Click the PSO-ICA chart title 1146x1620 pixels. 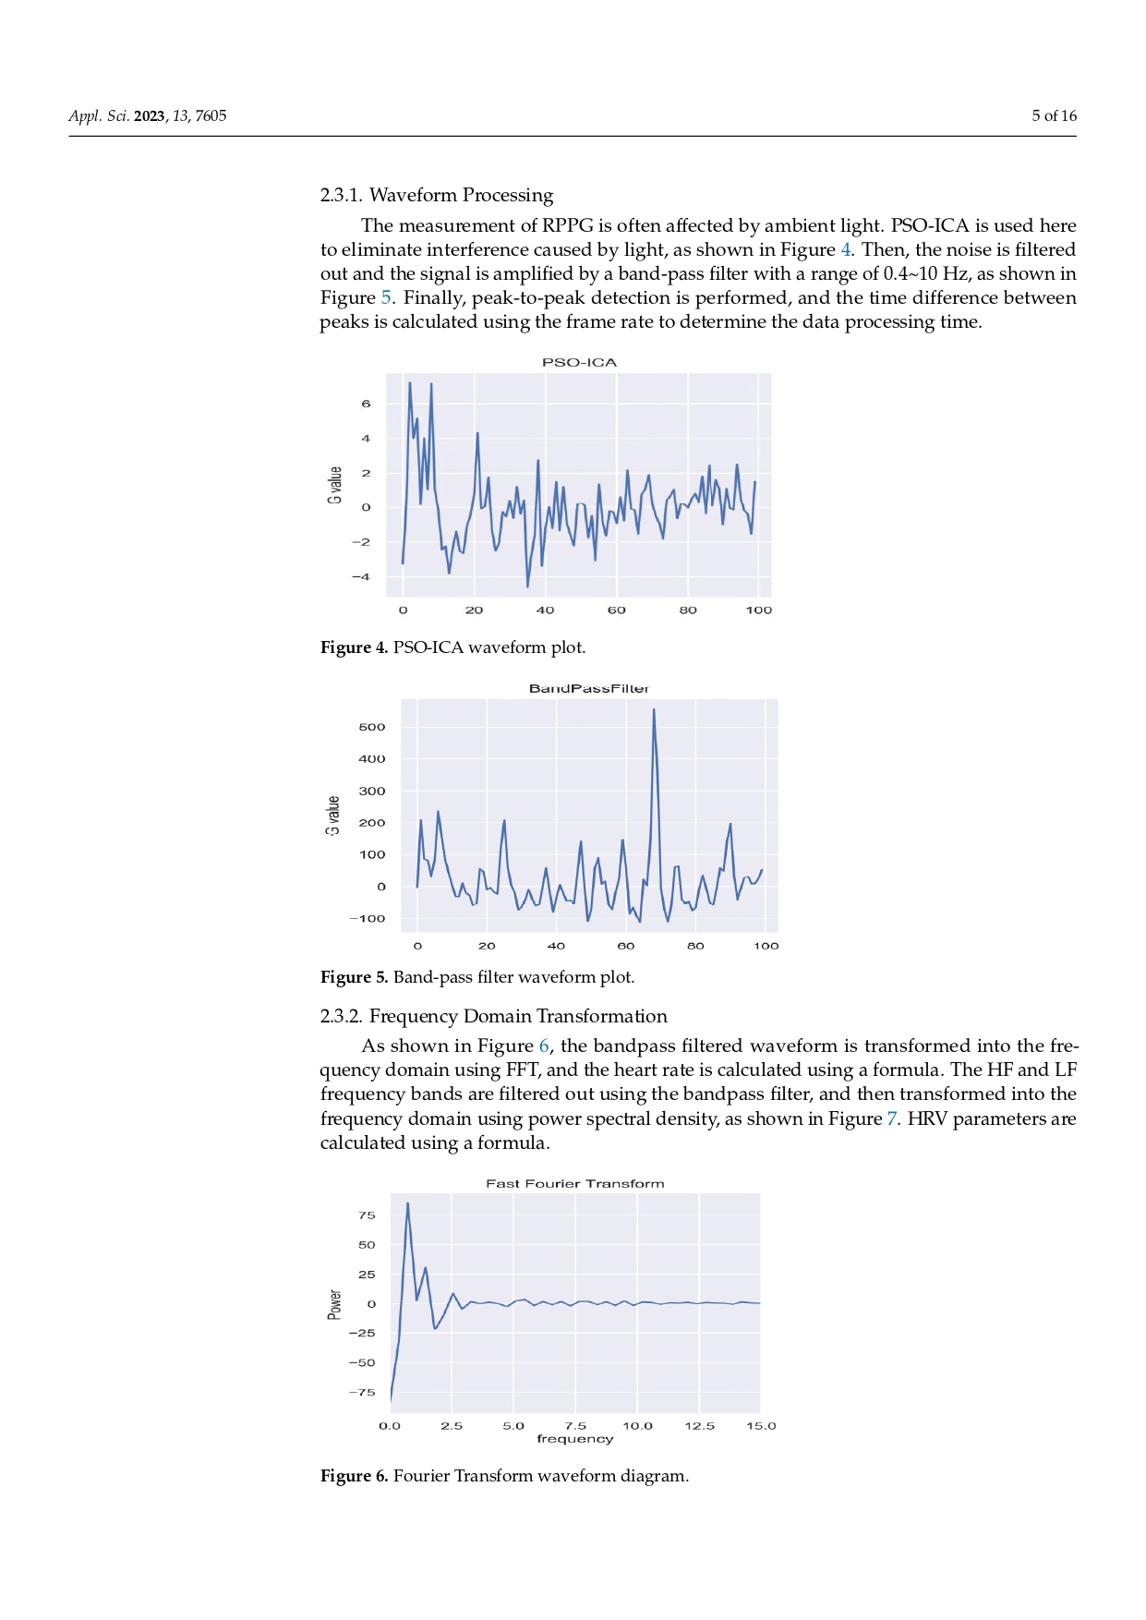pyautogui.click(x=579, y=362)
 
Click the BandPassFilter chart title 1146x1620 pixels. pyautogui.click(x=588, y=688)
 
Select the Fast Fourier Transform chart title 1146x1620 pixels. pyautogui.click(x=574, y=1183)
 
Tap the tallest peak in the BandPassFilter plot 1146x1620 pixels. pyautogui.click(x=654, y=710)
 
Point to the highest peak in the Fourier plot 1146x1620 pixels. pyautogui.click(x=407, y=1203)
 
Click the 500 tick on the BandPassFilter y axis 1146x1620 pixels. pyautogui.click(x=371, y=727)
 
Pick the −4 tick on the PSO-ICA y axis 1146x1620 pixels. pyautogui.click(x=361, y=576)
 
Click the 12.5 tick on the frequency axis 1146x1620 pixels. pyautogui.click(x=699, y=1426)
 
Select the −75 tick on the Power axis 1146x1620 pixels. pyautogui.click(x=362, y=1392)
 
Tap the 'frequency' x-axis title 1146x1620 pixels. pyautogui.click(x=574, y=1439)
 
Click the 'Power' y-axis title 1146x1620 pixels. pyautogui.click(x=334, y=1304)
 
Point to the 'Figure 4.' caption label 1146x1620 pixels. pyautogui.click(x=354, y=647)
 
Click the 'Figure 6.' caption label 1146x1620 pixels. pyautogui.click(x=354, y=1476)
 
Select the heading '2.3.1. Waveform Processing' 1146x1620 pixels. pyautogui.click(x=436, y=195)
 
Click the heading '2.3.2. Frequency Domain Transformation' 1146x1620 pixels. pyautogui.click(x=493, y=1016)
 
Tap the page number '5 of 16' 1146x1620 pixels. pyautogui.click(x=1054, y=115)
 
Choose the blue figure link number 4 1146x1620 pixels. pyautogui.click(x=845, y=249)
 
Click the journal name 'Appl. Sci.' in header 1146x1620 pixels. pyautogui.click(x=99, y=115)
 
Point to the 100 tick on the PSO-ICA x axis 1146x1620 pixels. pyautogui.click(x=758, y=611)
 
